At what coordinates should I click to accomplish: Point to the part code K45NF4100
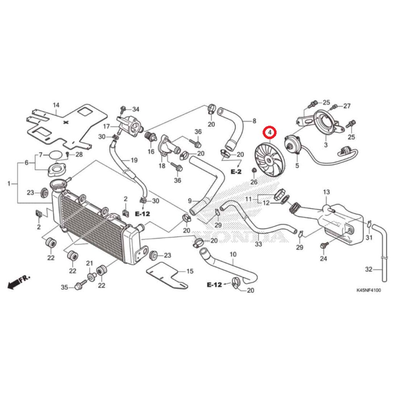point(368,290)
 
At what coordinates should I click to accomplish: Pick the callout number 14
point(56,105)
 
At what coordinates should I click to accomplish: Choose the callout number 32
point(368,269)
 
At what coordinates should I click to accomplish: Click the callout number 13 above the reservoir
point(326,192)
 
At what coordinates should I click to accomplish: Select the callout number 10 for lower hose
point(233,254)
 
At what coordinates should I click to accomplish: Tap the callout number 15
point(190,272)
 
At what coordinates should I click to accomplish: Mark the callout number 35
point(64,287)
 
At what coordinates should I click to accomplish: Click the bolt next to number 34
point(124,109)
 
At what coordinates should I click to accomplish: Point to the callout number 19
point(134,160)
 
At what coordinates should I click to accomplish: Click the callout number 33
point(258,244)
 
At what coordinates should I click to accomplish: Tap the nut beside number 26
point(253,170)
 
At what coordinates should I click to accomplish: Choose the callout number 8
point(254,121)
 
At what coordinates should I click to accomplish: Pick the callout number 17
point(106,126)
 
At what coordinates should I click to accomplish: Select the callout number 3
point(325,145)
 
